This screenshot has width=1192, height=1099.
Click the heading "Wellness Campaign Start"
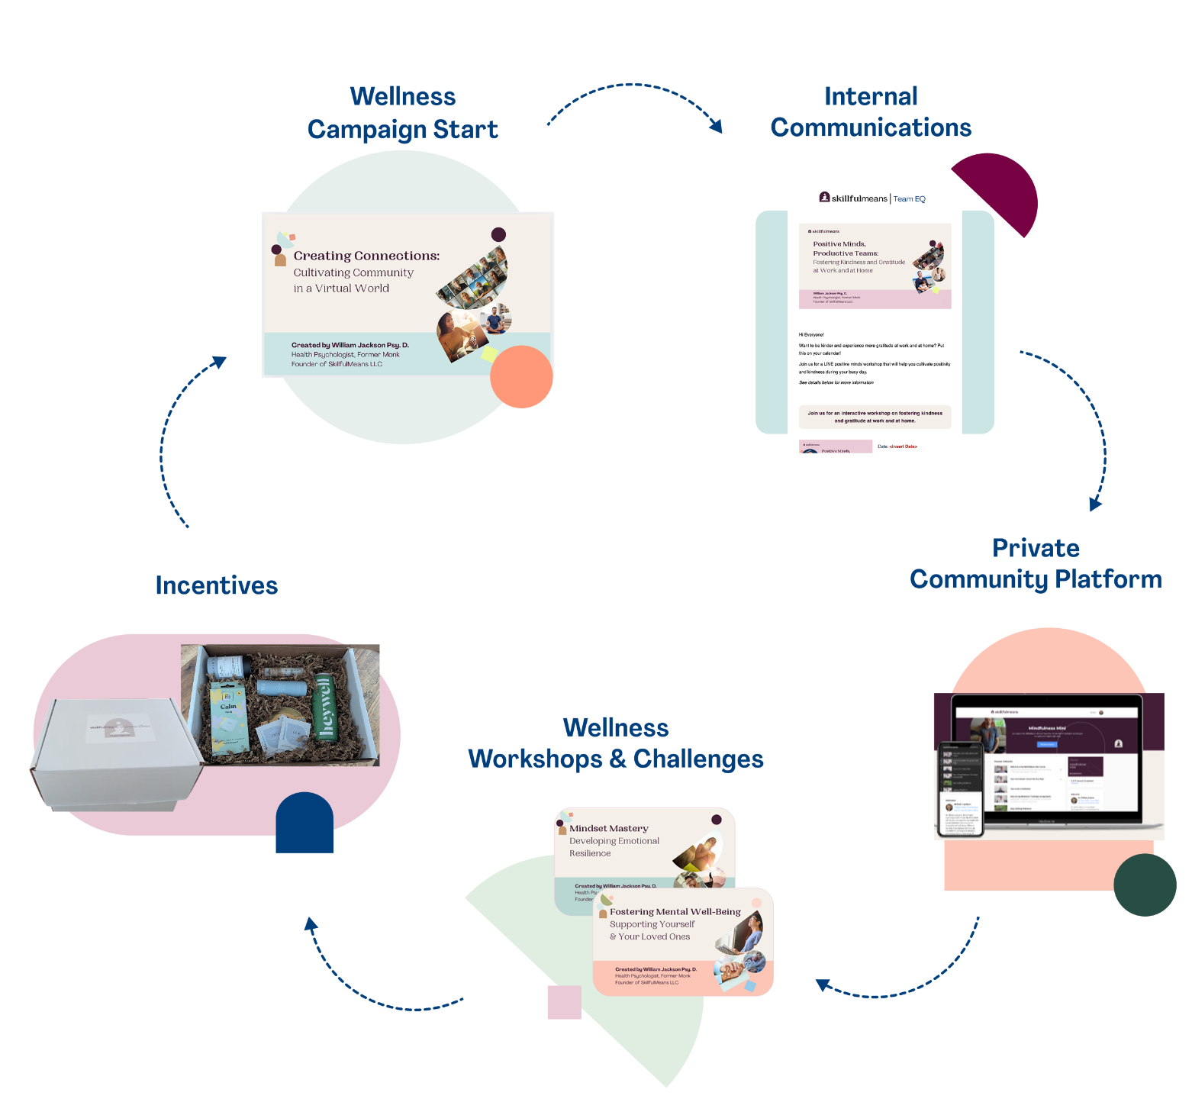(402, 113)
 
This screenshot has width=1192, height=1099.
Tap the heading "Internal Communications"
(871, 112)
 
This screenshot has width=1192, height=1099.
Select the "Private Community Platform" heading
(1036, 564)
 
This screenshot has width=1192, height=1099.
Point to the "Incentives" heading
(217, 585)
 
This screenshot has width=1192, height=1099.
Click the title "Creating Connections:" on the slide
(366, 256)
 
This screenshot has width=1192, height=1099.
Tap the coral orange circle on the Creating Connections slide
(521, 376)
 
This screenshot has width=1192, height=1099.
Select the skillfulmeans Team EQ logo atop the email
(871, 198)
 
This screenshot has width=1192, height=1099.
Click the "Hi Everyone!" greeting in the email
(811, 334)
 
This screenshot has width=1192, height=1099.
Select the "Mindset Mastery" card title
(609, 828)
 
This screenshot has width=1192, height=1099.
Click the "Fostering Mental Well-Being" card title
(675, 911)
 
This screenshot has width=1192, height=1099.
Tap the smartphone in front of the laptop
(959, 789)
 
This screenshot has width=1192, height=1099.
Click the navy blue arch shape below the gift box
(304, 824)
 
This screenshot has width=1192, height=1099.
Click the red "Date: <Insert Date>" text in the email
(897, 446)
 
